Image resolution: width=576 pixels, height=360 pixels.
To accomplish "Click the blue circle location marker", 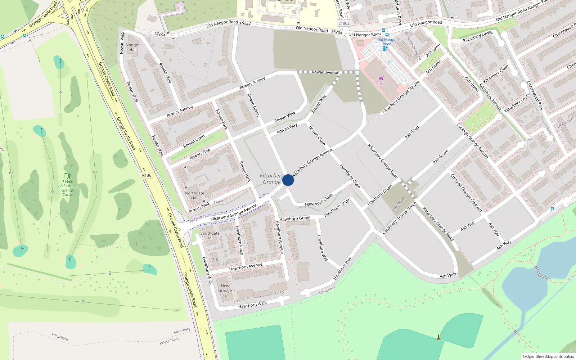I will (288, 180).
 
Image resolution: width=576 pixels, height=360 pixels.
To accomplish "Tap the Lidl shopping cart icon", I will (381, 78).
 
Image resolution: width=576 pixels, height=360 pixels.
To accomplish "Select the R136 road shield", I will (147, 175).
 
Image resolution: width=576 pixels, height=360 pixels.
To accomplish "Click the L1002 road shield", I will (344, 23).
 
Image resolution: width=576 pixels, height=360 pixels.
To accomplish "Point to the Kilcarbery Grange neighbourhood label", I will (271, 179).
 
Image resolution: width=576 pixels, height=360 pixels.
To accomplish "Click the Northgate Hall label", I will (194, 195).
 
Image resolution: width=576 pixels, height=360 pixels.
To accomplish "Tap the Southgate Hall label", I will (210, 235).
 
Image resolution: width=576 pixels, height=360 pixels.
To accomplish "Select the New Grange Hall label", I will (225, 291).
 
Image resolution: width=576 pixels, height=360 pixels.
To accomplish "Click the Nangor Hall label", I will (133, 47).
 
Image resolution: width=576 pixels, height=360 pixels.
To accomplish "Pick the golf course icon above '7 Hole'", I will (67, 176).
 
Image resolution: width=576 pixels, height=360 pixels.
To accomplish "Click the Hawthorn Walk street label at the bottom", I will (252, 305).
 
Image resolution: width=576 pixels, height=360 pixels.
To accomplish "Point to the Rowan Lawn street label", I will (194, 141).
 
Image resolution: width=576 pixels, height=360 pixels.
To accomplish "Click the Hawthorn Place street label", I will (239, 240).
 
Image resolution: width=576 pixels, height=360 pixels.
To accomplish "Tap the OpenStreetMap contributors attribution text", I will (548, 356).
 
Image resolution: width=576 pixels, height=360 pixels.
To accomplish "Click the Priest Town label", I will (169, 341).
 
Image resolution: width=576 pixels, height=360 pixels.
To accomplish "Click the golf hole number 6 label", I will (110, 273).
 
